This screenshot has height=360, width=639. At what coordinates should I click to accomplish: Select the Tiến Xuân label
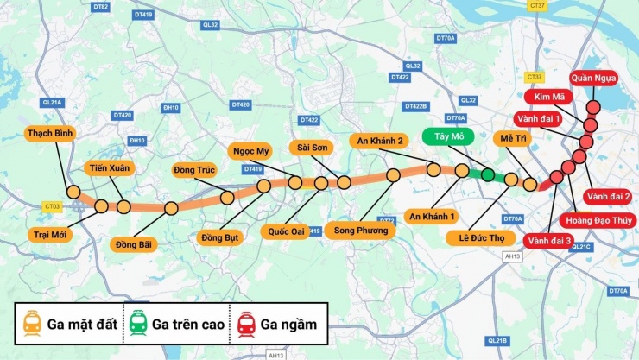click(x=110, y=167)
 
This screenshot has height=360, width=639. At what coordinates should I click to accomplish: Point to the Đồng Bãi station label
click(x=134, y=244)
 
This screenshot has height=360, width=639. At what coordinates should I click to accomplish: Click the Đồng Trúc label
click(x=193, y=169)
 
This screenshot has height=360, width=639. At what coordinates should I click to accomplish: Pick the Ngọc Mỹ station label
click(x=251, y=151)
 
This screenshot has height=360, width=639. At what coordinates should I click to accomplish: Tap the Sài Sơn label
click(x=308, y=148)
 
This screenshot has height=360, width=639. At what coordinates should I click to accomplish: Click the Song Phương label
click(x=358, y=231)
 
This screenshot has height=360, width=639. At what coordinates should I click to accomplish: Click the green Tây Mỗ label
click(x=445, y=136)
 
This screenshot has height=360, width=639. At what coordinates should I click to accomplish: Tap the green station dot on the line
click(x=488, y=175)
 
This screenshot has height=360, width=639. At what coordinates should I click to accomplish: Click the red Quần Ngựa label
click(x=593, y=79)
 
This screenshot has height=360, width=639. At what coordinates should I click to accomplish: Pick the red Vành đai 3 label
click(x=549, y=240)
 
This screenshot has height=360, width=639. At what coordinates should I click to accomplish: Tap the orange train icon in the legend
click(x=33, y=324)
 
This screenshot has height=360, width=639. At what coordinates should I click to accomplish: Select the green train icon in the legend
click(x=138, y=324)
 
